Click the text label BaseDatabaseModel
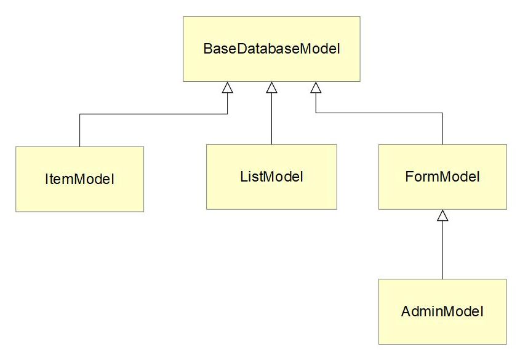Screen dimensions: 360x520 click(271, 49)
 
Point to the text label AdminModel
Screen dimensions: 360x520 click(442, 311)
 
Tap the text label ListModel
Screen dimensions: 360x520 click(271, 177)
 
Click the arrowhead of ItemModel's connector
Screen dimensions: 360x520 click(227, 88)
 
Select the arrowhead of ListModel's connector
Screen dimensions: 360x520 click(271, 88)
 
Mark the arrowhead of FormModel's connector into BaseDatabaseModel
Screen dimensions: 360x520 click(316, 88)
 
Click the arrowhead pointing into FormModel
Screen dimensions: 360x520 click(442, 215)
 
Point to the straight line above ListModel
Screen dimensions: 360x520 click(271, 119)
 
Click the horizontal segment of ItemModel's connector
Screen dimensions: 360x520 click(154, 114)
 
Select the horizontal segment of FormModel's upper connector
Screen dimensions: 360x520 click(379, 113)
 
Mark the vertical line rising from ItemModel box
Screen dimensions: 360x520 click(80, 130)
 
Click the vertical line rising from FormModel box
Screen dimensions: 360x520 click(442, 129)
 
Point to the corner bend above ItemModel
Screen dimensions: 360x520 click(80, 114)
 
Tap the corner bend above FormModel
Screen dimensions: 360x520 click(442, 113)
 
